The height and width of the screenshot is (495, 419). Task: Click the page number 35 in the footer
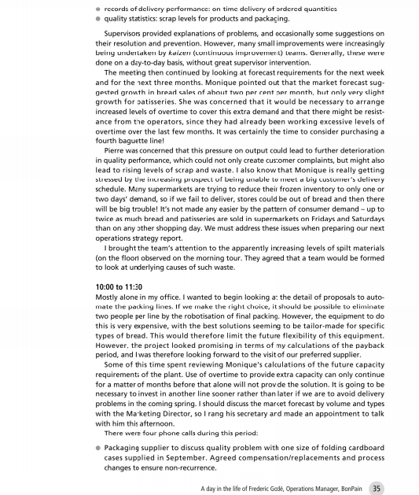pos(377,487)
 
